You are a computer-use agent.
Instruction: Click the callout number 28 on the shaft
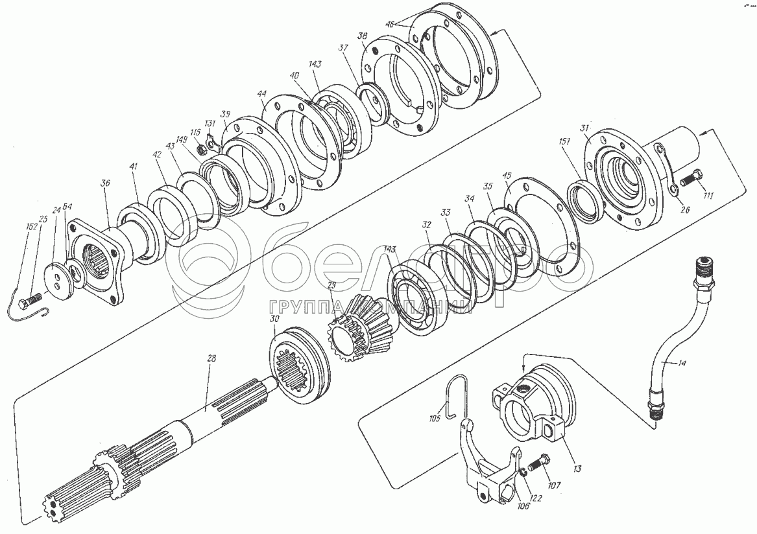tap(211, 358)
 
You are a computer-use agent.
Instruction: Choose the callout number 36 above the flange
tap(106, 183)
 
